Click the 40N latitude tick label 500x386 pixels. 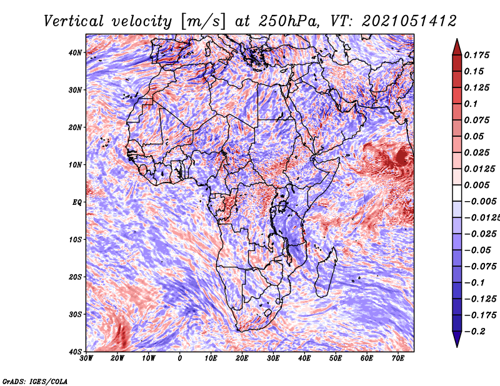(75, 52)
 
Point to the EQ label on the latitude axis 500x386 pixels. (77, 202)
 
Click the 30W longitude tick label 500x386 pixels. (86, 359)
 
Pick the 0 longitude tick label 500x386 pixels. (180, 359)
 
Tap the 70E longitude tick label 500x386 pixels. (398, 359)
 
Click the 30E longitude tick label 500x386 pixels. (273, 359)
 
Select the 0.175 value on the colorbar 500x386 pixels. (477, 55)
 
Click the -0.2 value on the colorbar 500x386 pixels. (474, 332)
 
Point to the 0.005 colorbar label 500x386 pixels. (477, 185)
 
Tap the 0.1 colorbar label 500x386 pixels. (471, 104)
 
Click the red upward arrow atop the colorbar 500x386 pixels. (457, 47)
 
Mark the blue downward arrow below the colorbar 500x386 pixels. (457, 339)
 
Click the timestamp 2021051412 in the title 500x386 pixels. (409, 21)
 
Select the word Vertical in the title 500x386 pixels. (74, 21)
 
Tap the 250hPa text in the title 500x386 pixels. (288, 21)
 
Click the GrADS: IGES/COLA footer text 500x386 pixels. (35, 381)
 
